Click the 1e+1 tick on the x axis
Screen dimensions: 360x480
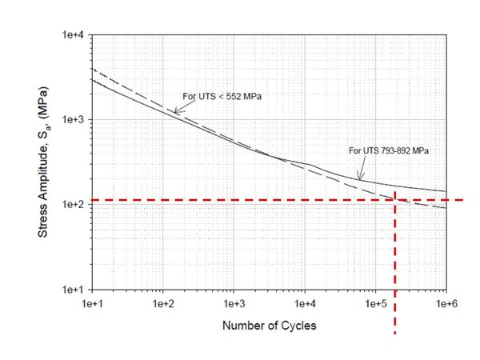[x=93, y=305]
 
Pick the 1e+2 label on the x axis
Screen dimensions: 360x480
[x=163, y=305]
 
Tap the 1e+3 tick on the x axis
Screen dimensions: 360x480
[x=234, y=305]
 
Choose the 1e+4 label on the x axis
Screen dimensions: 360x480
[x=305, y=305]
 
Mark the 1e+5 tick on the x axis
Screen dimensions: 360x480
[x=375, y=305]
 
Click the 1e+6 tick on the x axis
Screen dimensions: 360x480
[x=446, y=305]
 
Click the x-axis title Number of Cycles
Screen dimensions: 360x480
[x=270, y=326]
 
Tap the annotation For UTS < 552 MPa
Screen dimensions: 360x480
[x=222, y=97]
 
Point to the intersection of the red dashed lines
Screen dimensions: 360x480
[x=395, y=199]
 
